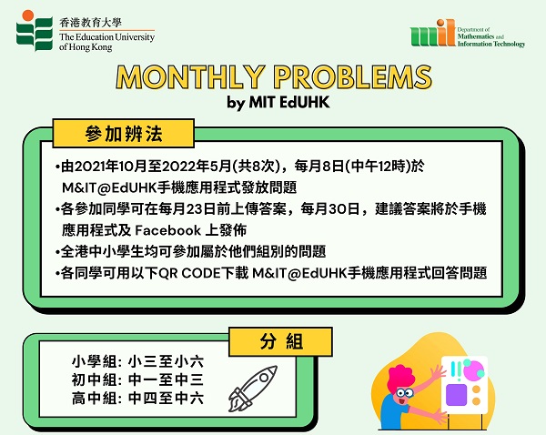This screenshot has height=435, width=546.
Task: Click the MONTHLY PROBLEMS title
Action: point(274,77)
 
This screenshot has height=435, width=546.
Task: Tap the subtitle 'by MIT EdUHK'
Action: point(278,103)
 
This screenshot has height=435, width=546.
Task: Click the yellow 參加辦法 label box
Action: point(123,134)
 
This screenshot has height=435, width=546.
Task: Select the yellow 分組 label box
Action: point(280,341)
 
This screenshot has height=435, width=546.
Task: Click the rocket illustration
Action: point(252,388)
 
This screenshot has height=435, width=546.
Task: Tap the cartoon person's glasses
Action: point(404,393)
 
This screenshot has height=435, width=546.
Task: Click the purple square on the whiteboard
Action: point(456,395)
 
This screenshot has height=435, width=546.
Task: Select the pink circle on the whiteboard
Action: point(472,370)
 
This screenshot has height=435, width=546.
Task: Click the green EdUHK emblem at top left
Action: point(35,31)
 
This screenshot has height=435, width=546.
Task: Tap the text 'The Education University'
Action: point(106,37)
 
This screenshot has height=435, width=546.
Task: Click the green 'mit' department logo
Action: point(432,33)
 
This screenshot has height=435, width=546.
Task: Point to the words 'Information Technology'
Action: point(491,44)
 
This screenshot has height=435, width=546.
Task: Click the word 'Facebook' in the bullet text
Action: point(167,230)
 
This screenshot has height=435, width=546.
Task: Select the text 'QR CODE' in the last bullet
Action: point(190,273)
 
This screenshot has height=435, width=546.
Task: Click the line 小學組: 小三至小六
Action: point(137,361)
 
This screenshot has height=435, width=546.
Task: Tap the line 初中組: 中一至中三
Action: point(137,379)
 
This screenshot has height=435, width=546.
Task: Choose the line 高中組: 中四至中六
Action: point(137,398)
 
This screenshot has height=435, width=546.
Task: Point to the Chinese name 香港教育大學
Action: point(90,23)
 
